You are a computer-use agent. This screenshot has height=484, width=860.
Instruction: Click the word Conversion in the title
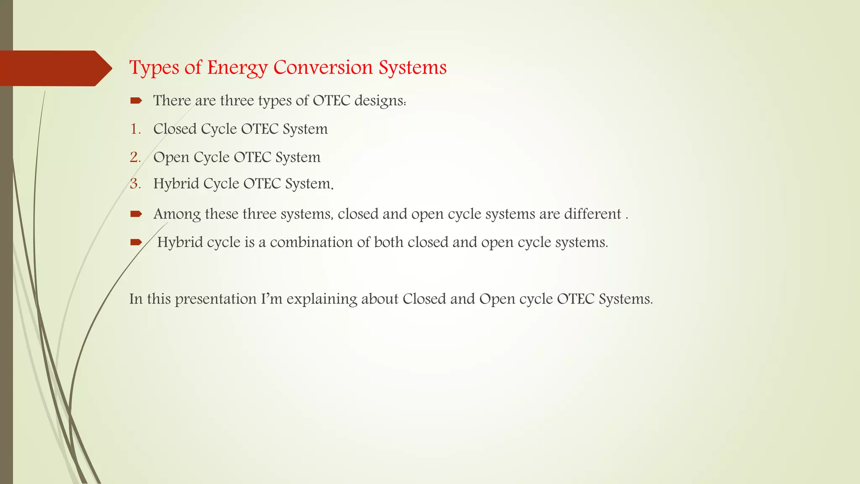click(x=323, y=67)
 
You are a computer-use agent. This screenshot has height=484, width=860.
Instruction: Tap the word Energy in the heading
click(x=237, y=68)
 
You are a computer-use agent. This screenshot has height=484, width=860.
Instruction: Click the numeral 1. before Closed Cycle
click(x=135, y=129)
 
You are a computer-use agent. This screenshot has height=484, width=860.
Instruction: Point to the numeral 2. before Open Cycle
click(x=135, y=157)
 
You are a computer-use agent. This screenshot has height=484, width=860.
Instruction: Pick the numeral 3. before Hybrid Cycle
click(x=135, y=184)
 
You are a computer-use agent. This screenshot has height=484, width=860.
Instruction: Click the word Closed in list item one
click(x=175, y=129)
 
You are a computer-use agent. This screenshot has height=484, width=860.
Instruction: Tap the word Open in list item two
click(x=171, y=158)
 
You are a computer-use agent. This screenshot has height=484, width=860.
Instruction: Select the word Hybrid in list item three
click(x=176, y=184)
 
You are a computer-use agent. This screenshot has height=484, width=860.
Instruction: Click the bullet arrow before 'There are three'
click(x=136, y=100)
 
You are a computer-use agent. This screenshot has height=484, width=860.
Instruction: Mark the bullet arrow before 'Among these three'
click(x=136, y=214)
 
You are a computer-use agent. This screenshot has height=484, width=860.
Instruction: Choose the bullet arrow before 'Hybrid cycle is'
click(x=136, y=242)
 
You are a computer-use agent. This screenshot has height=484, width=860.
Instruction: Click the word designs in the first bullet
click(x=380, y=101)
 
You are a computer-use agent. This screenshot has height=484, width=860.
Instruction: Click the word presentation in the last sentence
click(x=215, y=299)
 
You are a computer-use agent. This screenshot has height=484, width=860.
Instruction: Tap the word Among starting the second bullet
click(x=177, y=214)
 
